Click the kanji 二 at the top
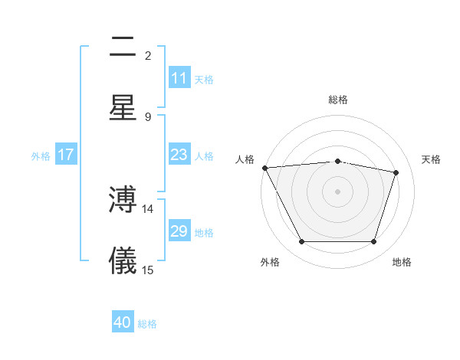click(123, 47)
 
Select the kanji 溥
click(123, 201)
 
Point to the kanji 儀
click(123, 260)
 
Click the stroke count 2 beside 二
click(148, 56)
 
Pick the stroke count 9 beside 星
click(148, 116)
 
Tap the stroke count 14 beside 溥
click(148, 209)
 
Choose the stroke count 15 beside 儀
click(148, 270)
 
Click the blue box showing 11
click(179, 78)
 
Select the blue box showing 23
click(179, 155)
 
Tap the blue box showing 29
click(179, 231)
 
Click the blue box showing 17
click(66, 155)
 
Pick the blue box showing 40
click(123, 323)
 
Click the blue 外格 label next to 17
click(41, 155)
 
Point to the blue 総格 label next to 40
click(147, 324)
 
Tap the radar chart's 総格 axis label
click(337, 100)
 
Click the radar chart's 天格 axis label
click(432, 159)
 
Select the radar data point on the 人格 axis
click(264, 168)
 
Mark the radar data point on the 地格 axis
click(373, 242)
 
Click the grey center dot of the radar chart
click(337, 191)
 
